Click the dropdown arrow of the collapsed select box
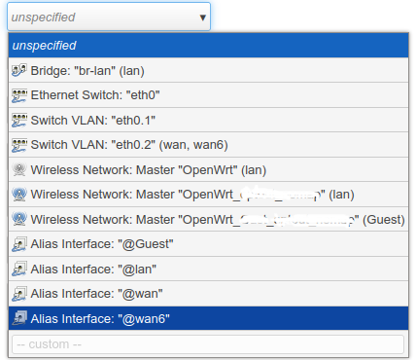(202, 17)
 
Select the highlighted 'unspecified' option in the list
(45, 46)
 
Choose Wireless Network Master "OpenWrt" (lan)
(148, 170)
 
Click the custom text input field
(207, 343)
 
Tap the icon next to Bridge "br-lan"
(18, 71)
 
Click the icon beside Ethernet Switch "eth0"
(18, 95)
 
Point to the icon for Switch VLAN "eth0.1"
(18, 121)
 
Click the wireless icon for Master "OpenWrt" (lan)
(18, 170)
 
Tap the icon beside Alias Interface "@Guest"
(18, 244)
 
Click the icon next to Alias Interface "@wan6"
(18, 318)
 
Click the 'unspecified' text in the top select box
(44, 17)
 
